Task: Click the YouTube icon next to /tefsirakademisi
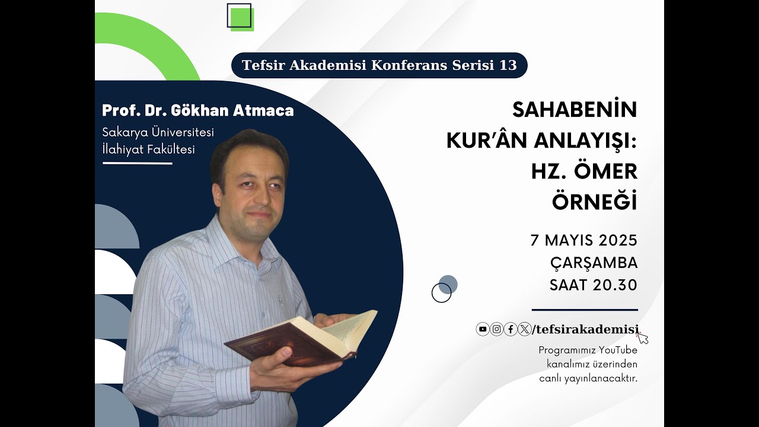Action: [x=483, y=329]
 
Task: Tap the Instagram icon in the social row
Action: [x=497, y=329]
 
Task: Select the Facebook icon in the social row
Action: [x=511, y=329]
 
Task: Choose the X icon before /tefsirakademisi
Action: [x=524, y=329]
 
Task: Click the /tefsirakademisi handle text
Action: [x=585, y=330]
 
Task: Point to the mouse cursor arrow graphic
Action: [x=642, y=338]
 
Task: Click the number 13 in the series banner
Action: [x=508, y=65]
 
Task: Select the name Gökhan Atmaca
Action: [x=232, y=111]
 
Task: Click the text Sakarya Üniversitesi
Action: [x=158, y=132]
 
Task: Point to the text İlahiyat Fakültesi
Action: [x=148, y=149]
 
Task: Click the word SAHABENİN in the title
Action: [x=575, y=110]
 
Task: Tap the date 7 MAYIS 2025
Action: [x=584, y=241]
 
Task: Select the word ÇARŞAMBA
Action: [x=594, y=263]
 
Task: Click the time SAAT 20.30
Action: [x=593, y=285]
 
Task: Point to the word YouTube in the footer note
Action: [x=618, y=350]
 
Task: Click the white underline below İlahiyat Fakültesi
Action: [x=137, y=163]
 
